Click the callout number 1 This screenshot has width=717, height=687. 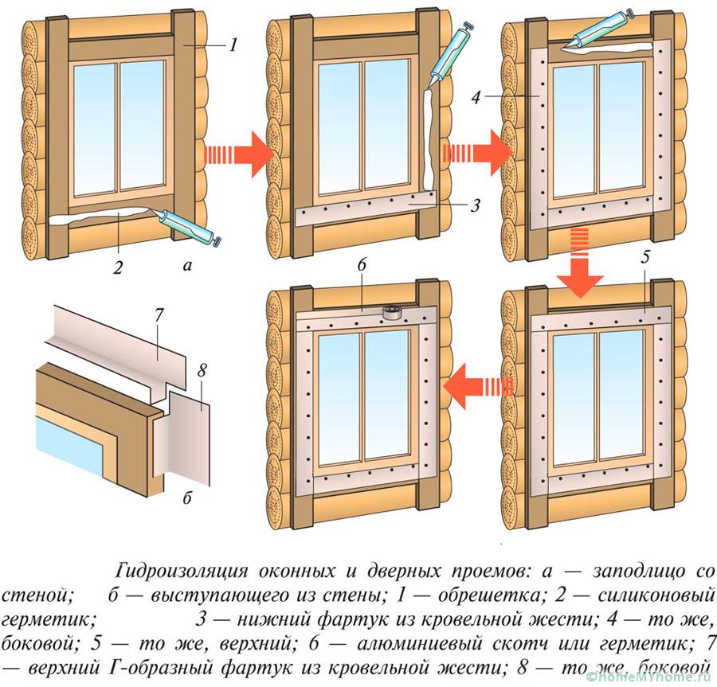click(233, 45)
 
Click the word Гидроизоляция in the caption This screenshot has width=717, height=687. click(181, 572)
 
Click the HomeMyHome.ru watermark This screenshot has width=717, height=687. click(647, 677)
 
